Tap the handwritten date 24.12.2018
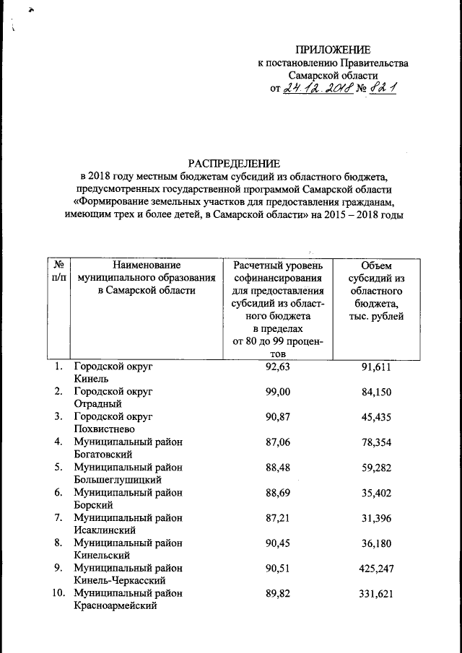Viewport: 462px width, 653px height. coord(316,89)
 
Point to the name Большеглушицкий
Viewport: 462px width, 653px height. coord(117,479)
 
